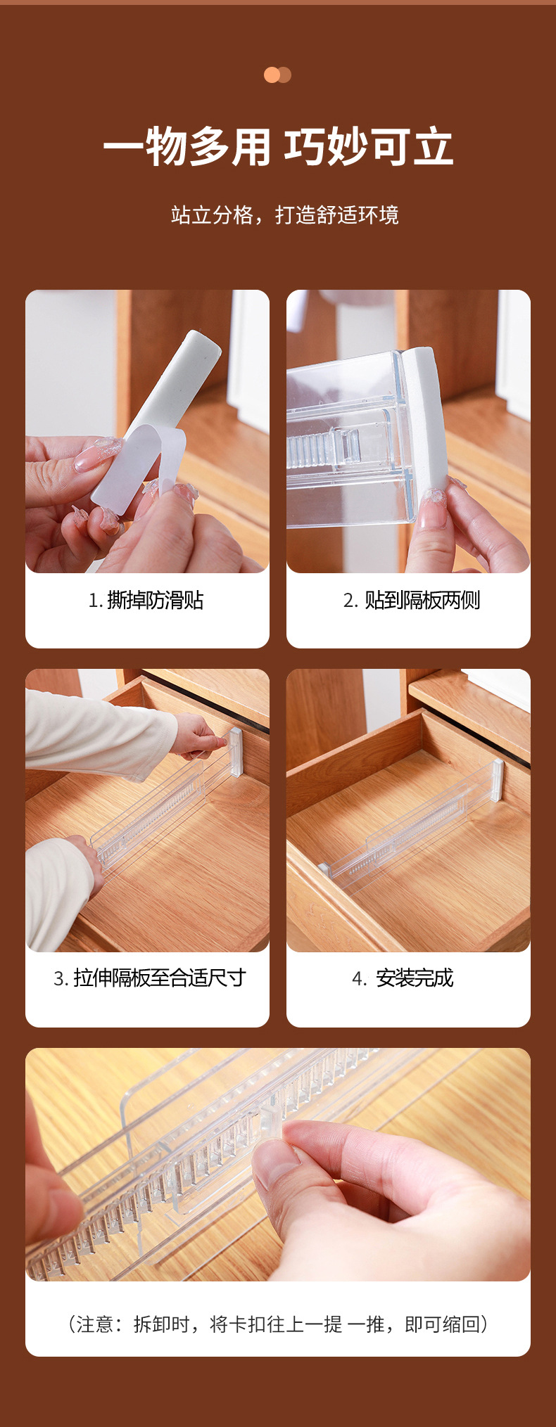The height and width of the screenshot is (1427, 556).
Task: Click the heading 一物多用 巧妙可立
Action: [x=278, y=147]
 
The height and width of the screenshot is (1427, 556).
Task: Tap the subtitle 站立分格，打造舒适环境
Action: [x=284, y=215]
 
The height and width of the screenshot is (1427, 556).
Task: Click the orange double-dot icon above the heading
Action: [x=277, y=75]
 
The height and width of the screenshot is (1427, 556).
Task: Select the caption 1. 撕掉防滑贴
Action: [x=146, y=600]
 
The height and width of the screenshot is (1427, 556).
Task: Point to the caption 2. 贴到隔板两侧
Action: [x=412, y=600]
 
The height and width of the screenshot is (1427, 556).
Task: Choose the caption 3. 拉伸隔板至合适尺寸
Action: [x=149, y=978]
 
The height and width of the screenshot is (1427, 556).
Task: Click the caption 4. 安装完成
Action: [x=403, y=978]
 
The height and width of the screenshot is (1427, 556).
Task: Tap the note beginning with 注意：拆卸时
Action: [x=278, y=1324]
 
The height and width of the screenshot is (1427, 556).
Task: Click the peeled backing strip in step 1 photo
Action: [x=134, y=468]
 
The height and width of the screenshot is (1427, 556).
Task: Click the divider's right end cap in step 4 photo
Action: [x=498, y=779]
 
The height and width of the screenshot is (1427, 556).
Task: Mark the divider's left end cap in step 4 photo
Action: [x=324, y=869]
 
